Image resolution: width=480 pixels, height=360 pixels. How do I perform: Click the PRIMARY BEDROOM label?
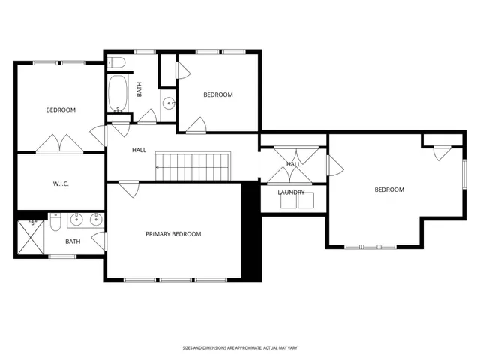pos(173,234)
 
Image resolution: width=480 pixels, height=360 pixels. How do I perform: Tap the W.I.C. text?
pos(61,184)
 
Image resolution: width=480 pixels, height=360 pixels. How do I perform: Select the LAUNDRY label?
pos(291,193)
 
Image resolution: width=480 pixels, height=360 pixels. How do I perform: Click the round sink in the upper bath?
pos(169,103)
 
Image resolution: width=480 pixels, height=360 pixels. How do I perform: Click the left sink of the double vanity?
pos(75,220)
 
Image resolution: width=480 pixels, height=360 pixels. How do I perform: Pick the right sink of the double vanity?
pos(95,220)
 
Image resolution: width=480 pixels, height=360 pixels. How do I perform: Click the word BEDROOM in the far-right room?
pos(389,190)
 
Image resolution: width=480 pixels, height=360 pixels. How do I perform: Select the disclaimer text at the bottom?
pos(239,347)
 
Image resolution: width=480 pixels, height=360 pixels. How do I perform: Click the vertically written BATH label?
pos(139,88)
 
